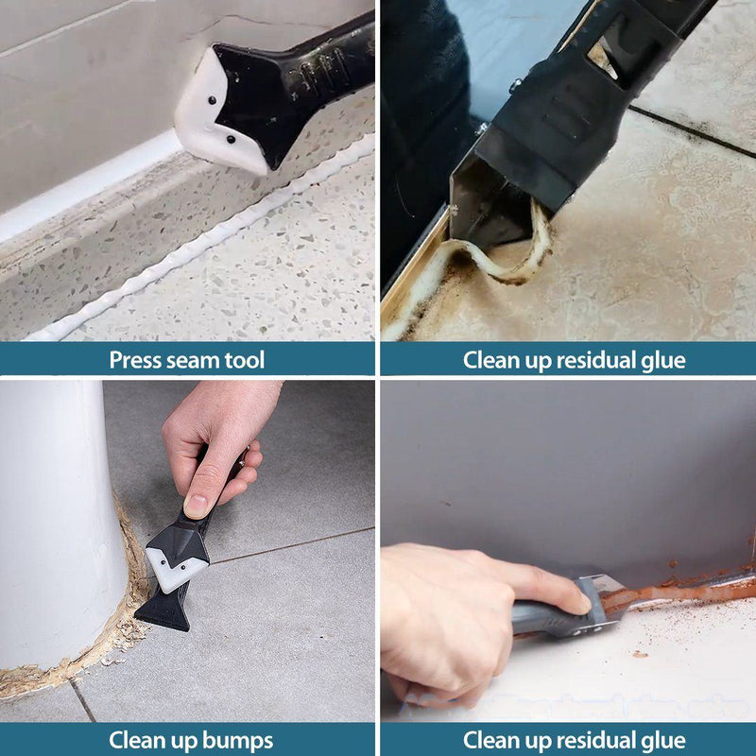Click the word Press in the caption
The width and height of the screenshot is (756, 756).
click(x=135, y=360)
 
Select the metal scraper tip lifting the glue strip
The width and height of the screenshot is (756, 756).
click(x=487, y=203)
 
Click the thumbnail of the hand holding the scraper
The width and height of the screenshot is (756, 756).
click(x=199, y=506)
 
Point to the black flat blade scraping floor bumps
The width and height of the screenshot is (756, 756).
click(x=162, y=610)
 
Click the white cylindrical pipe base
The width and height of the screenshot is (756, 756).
click(x=57, y=529)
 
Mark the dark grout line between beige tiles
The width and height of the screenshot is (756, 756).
click(x=690, y=128)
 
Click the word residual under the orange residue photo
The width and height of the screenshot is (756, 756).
click(x=591, y=740)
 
